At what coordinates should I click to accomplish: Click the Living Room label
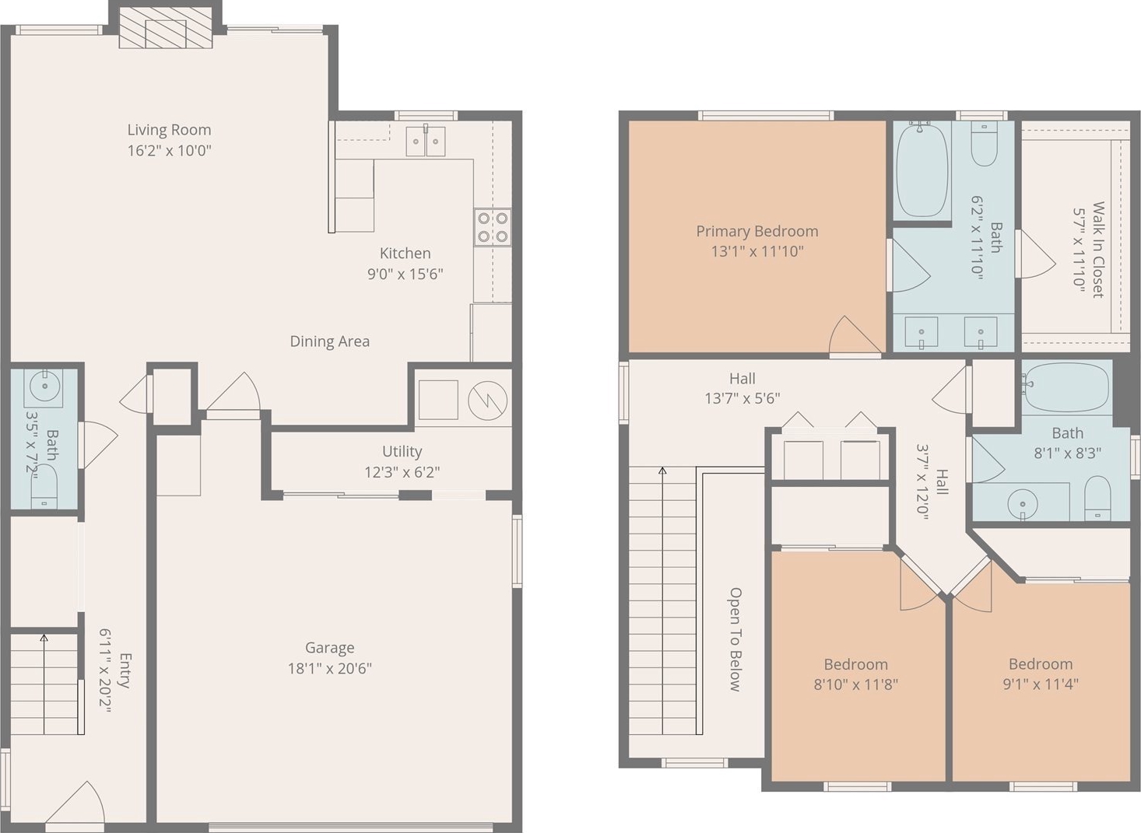tap(169, 130)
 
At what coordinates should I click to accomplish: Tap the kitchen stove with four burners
tap(493, 227)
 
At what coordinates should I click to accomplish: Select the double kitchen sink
tap(425, 141)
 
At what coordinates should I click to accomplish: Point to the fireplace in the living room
tap(166, 28)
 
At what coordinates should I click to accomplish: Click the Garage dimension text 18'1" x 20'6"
tap(329, 669)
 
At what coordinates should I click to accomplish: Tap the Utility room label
tap(402, 452)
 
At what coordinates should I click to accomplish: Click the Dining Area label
tap(329, 341)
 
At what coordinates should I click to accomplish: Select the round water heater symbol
tap(487, 401)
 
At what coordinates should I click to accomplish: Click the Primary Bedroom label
tap(757, 232)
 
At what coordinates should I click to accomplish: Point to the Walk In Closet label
tap(1097, 250)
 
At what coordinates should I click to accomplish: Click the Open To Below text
tap(735, 639)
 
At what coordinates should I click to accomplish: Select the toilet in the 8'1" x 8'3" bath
tap(1097, 498)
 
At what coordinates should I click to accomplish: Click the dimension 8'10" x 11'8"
tap(856, 684)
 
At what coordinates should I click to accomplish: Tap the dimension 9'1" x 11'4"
tap(1041, 684)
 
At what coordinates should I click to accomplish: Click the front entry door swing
tap(75, 803)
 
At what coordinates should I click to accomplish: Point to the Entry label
tap(125, 670)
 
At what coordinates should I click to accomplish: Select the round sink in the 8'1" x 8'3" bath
tap(1022, 503)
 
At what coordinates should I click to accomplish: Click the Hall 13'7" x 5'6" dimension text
tap(743, 398)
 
